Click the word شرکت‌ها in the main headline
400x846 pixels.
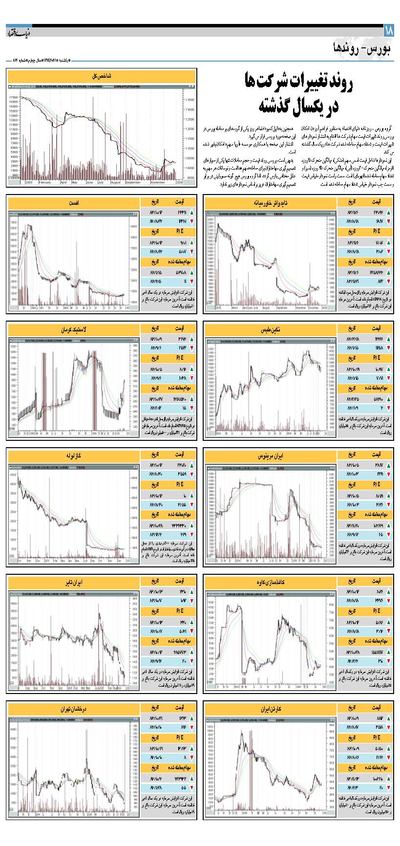click(272, 83)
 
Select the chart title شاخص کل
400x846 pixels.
click(102, 77)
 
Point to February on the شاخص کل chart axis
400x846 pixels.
click(45, 182)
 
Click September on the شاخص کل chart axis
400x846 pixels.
click(133, 182)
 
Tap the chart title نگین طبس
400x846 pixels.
click(270, 330)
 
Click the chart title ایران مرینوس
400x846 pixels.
click(270, 456)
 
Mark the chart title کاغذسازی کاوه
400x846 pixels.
click(270, 583)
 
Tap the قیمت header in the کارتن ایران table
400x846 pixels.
click(377, 708)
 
